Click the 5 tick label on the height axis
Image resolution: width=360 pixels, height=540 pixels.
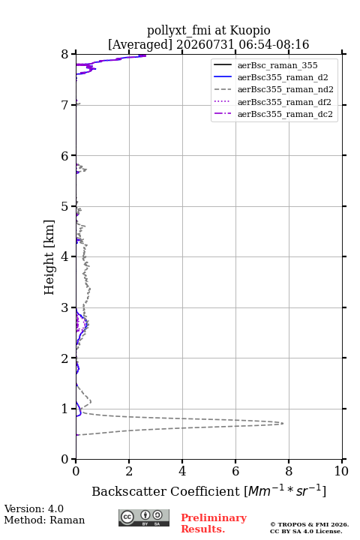click(64, 207)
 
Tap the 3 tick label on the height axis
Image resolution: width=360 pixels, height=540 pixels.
click(64, 307)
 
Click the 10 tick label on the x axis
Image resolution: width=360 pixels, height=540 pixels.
click(341, 471)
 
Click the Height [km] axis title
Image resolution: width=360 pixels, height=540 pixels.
click(49, 257)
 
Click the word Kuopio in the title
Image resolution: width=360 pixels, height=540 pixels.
click(250, 31)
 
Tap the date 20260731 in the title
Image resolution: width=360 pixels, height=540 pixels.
click(205, 45)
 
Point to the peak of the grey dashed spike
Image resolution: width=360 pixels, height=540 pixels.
click(283, 423)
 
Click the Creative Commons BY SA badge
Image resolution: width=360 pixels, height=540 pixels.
click(144, 517)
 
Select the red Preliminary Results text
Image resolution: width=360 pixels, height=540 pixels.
click(214, 523)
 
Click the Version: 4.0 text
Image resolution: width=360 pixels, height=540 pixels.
click(34, 508)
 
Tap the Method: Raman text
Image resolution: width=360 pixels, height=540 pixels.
click(44, 520)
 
